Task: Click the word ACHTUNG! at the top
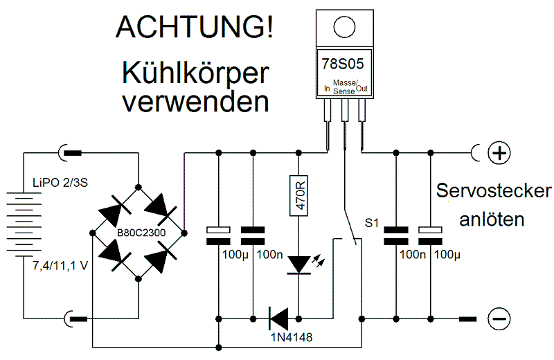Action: click(194, 27)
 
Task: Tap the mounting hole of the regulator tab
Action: click(343, 26)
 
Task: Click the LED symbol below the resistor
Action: click(299, 264)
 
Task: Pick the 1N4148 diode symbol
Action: click(278, 319)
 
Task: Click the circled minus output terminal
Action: click(499, 318)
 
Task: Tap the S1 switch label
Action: click(373, 224)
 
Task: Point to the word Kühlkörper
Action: click(195, 73)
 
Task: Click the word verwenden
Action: click(195, 102)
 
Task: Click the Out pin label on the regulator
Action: click(362, 89)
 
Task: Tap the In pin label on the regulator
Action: click(327, 89)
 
